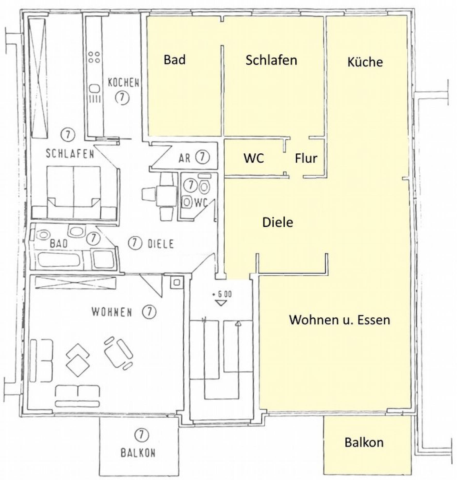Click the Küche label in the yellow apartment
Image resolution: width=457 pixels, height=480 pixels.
[x=365, y=62]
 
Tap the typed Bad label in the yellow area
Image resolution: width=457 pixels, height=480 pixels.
[x=175, y=60]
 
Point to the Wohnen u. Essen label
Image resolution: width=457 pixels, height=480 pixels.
[x=339, y=320]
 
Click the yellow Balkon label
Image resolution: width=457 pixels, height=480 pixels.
[x=364, y=442]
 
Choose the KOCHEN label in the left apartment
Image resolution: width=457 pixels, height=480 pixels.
[x=124, y=83]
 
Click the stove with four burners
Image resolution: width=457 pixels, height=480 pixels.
[x=94, y=57]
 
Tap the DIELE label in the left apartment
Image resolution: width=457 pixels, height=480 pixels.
[x=161, y=244]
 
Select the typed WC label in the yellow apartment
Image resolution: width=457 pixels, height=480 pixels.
[x=254, y=158]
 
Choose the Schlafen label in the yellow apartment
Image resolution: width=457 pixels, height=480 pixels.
[x=271, y=60]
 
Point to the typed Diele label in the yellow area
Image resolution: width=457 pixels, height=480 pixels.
[x=278, y=222]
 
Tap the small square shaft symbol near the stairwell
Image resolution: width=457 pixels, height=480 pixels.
[x=176, y=283]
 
